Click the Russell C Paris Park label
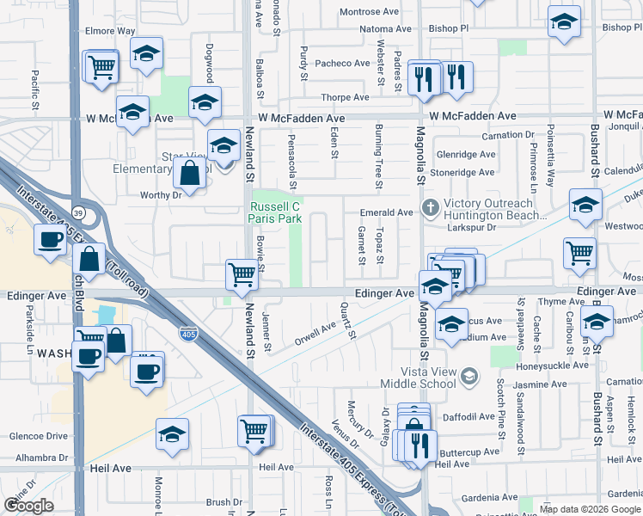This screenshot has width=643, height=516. [x=274, y=212]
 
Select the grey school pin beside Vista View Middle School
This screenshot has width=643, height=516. [x=469, y=376]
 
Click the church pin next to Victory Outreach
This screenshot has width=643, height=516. [x=431, y=208]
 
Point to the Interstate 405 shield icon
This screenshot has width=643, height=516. [x=187, y=332]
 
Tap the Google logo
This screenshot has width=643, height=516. [x=28, y=506]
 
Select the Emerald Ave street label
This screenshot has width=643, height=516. [x=387, y=212]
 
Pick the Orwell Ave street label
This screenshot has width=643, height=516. [x=315, y=332]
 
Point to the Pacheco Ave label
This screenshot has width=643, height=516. [x=341, y=63]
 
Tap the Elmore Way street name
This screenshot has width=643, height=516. [x=110, y=31]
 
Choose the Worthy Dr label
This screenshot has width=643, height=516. [x=162, y=195]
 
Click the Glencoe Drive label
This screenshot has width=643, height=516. [x=38, y=436]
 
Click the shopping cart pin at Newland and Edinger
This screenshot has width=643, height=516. [x=242, y=275]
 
